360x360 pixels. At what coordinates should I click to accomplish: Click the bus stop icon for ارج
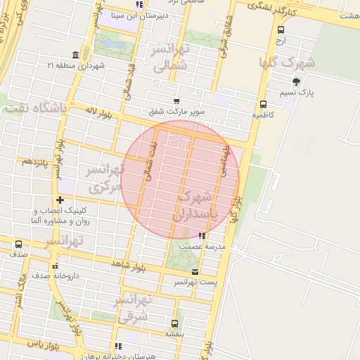[x=281, y=30]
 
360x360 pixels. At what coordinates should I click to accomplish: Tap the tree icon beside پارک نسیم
[x=296, y=82]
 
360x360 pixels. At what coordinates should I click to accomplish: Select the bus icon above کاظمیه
[x=263, y=104]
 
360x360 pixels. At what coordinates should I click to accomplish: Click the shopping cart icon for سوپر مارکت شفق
[x=176, y=101]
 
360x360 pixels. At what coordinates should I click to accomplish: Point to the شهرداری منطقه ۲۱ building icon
[x=75, y=56]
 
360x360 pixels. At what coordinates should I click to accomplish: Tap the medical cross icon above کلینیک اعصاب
[x=60, y=200]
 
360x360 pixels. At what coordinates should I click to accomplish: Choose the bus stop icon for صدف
[x=18, y=245]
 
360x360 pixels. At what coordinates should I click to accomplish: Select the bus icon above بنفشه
[x=174, y=323]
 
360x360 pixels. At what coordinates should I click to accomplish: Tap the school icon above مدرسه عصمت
[x=202, y=236]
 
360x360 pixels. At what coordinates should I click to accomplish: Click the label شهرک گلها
[x=287, y=63]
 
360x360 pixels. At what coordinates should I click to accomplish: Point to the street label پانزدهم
[x=34, y=161]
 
